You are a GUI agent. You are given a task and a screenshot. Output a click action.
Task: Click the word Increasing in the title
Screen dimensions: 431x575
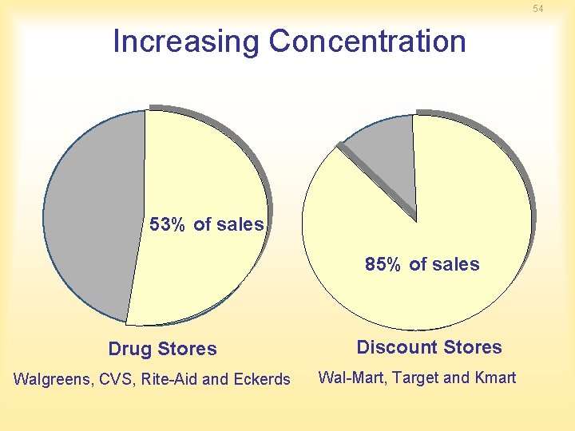pos(186,42)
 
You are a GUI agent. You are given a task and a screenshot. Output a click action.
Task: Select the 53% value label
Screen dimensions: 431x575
pos(167,225)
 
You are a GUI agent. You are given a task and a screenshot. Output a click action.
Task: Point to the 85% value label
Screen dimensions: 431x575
pos(383,265)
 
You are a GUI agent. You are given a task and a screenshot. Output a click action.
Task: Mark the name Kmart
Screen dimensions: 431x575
pos(494,378)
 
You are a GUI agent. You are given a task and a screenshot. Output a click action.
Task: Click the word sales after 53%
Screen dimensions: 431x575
pos(240,225)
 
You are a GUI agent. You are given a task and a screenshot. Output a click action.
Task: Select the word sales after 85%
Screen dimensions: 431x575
pos(456,265)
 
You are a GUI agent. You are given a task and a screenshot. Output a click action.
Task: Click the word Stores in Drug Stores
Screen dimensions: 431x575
pos(187,350)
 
